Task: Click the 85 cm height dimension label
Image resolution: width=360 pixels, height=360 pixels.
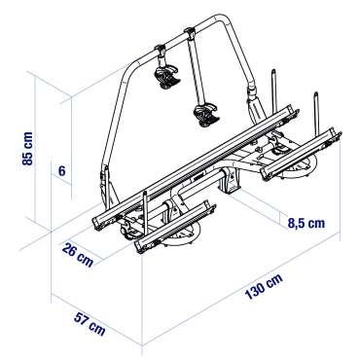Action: [27, 149]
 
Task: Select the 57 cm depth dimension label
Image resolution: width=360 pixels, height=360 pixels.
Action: [90, 323]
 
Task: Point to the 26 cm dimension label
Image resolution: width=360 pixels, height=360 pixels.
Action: [78, 254]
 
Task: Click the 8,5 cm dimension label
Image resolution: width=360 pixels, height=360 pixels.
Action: [306, 223]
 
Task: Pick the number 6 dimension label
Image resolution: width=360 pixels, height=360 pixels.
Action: [61, 170]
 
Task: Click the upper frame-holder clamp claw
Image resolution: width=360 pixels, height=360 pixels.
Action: [167, 77]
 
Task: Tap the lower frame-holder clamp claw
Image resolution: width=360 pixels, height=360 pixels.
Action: [206, 115]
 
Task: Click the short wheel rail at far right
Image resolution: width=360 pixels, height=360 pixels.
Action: [302, 154]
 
